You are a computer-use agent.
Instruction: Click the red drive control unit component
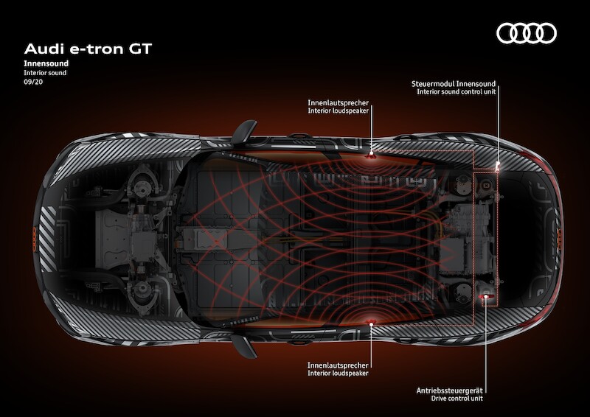(485, 296)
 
